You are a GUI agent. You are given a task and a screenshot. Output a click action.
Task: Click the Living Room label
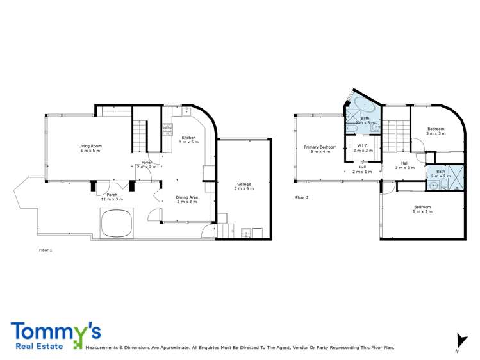[90, 148]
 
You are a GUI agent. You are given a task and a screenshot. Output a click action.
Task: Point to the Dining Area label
[186, 199]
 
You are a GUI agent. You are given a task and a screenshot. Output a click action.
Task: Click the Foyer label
[147, 164]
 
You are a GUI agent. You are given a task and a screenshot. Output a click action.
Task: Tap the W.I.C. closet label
[362, 148]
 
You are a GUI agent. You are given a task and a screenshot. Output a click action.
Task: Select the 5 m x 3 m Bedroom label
[422, 209]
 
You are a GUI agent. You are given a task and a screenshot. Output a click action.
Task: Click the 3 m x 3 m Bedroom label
[436, 131]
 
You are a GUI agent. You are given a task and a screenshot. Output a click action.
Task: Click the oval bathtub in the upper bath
[363, 106]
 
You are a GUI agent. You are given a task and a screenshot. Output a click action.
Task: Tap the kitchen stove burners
[168, 129]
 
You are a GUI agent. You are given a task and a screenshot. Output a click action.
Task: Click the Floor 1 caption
[46, 250]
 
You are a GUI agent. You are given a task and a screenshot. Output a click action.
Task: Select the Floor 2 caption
[302, 197]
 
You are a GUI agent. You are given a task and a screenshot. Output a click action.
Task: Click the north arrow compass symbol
[459, 341]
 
